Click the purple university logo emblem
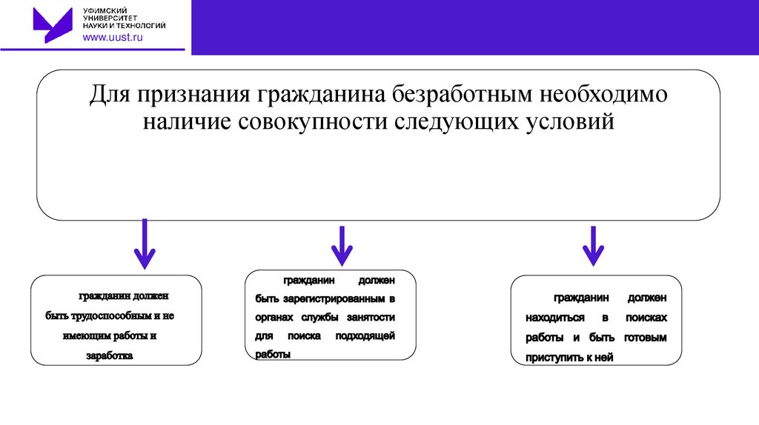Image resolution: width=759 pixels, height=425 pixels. pyautogui.click(x=53, y=24)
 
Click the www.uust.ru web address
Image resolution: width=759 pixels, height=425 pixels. pyautogui.click(x=111, y=38)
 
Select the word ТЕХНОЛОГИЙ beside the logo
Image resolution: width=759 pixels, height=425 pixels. pyautogui.click(x=140, y=25)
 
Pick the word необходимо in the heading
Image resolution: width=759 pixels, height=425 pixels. pyautogui.click(x=603, y=96)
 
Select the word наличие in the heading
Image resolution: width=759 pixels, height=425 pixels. pyautogui.click(x=188, y=121)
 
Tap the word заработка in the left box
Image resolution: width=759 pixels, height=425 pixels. pyautogui.click(x=109, y=355)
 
